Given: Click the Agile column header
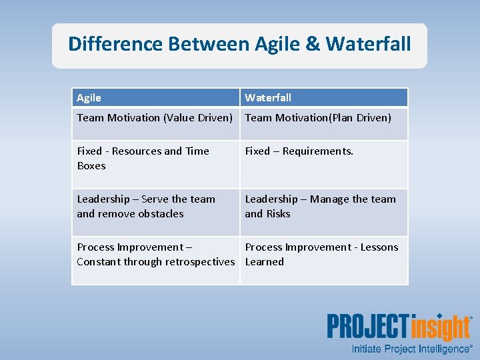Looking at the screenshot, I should tap(89, 98).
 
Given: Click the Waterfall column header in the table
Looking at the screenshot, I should tap(268, 98).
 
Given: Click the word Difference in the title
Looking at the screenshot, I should tap(115, 45).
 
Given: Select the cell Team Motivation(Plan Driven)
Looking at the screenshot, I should tap(318, 118).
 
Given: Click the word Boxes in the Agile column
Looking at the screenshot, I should tap(91, 166).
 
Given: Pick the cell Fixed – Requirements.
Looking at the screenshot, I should tap(299, 151).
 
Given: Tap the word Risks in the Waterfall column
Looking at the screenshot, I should tap(278, 214).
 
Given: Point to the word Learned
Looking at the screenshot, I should tap(265, 262).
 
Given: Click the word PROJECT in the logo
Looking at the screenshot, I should tap(367, 327).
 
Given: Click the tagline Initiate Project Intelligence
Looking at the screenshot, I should tap(411, 349).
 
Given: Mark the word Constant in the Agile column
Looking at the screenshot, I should tap(98, 262).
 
